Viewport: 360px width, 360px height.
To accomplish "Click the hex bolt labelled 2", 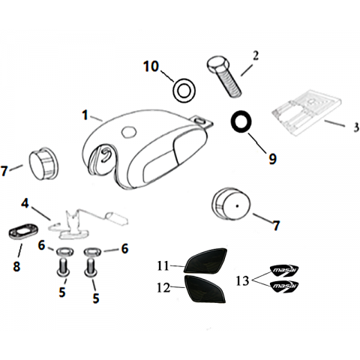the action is coord(223,76).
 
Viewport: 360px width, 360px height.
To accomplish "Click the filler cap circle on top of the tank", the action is coord(129,131).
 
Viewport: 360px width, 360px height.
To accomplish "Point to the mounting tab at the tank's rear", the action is coord(202,121).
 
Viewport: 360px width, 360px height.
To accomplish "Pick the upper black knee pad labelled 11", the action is coord(205,260).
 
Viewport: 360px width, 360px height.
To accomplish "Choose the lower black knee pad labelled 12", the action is coord(204,289).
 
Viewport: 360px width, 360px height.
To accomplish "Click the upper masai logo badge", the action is coord(284,271).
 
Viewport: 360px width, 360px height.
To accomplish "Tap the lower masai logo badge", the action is coord(284,286).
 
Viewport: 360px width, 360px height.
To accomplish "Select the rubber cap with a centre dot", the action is coord(231,205).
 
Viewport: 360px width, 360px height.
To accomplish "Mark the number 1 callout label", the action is coord(85,115).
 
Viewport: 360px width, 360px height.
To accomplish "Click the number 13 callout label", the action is coord(242,280).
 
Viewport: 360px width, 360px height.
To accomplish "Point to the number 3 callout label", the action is coord(356,127).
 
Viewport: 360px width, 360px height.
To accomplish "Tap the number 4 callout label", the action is coord(25,203).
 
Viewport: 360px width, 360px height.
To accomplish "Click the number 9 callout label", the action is coord(272,159).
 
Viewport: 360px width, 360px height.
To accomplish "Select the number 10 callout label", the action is coord(151,67).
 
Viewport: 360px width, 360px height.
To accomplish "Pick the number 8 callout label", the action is coord(16,266).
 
